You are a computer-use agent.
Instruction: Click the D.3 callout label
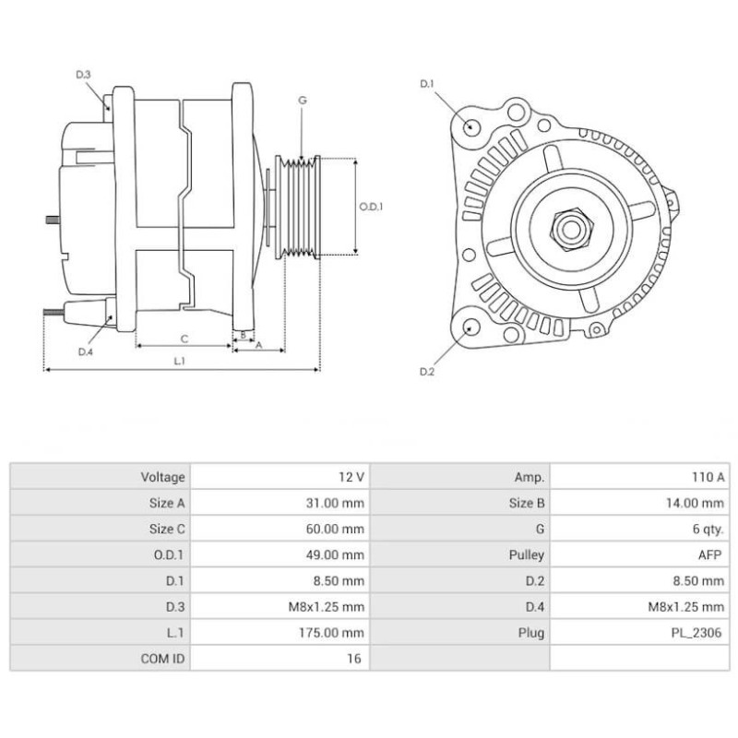(83, 74)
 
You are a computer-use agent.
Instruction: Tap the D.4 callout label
(85, 351)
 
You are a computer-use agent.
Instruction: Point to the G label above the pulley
(302, 101)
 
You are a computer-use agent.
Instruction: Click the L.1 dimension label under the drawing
(181, 361)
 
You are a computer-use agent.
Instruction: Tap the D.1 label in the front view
(426, 84)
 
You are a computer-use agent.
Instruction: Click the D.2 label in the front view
(426, 371)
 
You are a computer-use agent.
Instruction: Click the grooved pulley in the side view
(301, 208)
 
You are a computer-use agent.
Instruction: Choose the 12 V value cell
(352, 477)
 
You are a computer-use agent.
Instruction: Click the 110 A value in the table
(708, 477)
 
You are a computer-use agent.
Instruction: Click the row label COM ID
(163, 659)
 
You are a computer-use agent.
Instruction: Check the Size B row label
(526, 503)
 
